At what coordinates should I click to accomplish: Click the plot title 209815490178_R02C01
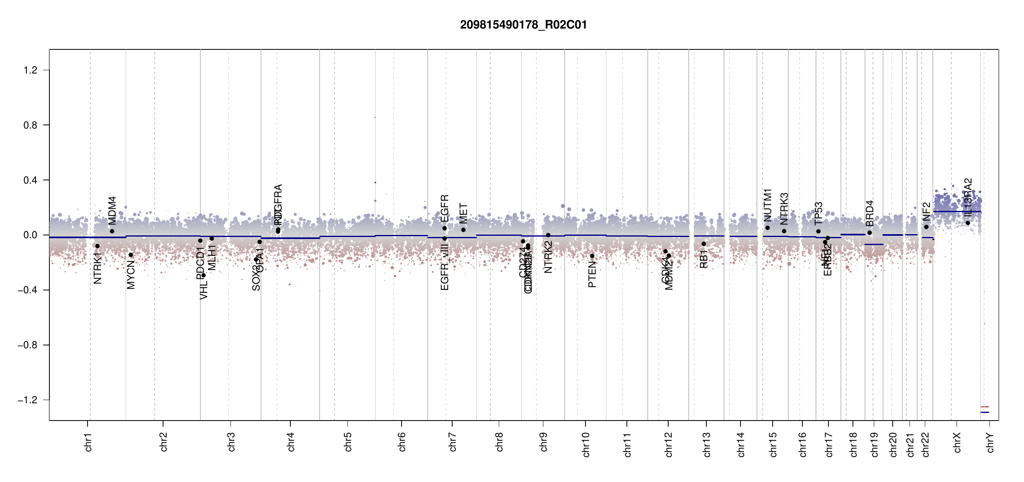tap(523, 25)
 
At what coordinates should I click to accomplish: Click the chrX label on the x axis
tap(957, 442)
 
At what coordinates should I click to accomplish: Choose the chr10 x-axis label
tap(586, 444)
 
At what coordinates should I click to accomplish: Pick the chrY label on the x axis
tap(991, 442)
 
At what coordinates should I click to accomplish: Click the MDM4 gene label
tap(112, 210)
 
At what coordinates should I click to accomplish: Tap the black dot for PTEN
tap(592, 256)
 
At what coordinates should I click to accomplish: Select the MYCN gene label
tap(131, 275)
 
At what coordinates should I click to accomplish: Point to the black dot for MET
tap(463, 230)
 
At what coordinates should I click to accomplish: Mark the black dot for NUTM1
tap(767, 228)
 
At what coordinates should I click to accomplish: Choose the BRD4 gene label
tap(870, 213)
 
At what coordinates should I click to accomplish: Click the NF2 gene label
tap(926, 211)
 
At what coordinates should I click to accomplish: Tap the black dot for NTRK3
tap(784, 231)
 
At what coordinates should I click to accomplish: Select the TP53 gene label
tap(818, 214)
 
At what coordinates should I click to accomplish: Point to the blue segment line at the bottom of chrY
tap(985, 412)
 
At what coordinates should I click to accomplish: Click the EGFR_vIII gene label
tap(445, 268)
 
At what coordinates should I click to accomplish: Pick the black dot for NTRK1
tap(97, 246)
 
